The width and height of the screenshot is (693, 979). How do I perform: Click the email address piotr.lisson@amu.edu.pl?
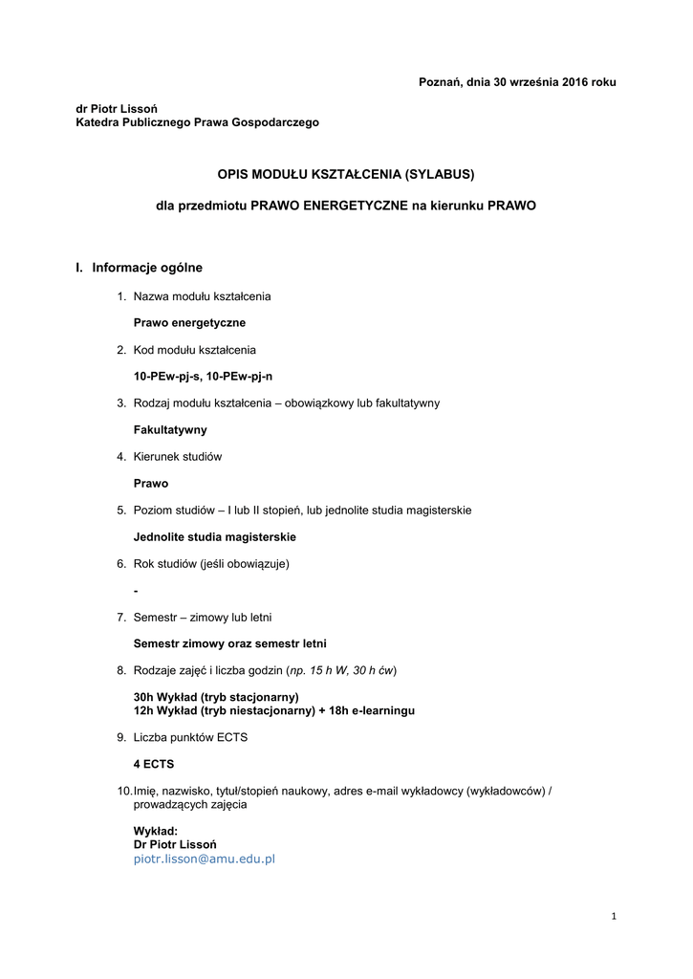point(204,859)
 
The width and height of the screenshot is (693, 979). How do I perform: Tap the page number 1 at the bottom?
point(614,917)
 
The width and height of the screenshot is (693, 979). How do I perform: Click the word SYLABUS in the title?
point(439,174)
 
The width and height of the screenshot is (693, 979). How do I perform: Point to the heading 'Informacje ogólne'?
point(147,268)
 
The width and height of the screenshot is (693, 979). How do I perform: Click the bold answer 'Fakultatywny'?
point(170,430)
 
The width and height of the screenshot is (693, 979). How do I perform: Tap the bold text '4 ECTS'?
point(154,764)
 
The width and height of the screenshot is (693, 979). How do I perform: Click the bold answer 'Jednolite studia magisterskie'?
point(214,537)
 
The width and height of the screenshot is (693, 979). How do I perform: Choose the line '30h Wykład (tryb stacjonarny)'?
point(216,697)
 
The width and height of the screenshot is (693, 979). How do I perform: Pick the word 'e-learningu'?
point(380,710)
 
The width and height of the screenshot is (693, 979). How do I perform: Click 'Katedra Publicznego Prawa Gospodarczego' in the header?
point(198,122)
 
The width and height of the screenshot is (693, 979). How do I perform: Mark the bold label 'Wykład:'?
point(156,831)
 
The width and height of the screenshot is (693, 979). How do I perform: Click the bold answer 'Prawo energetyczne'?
point(189,323)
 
